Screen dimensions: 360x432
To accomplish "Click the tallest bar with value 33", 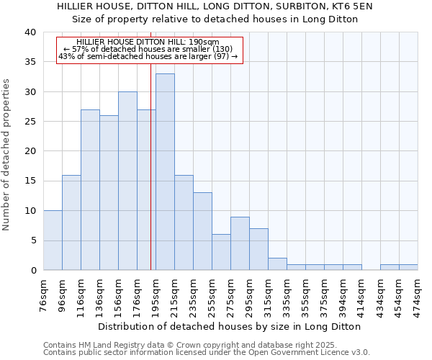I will click(x=165, y=172).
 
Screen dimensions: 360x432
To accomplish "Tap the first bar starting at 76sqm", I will click(x=53, y=240).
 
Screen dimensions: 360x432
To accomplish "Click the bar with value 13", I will click(x=202, y=231).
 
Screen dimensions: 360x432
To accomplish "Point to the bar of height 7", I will click(x=258, y=249).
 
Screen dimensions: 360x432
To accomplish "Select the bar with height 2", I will click(x=277, y=264).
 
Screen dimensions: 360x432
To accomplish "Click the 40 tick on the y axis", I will click(x=30, y=32).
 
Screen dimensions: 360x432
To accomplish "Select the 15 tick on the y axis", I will click(x=30, y=181).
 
